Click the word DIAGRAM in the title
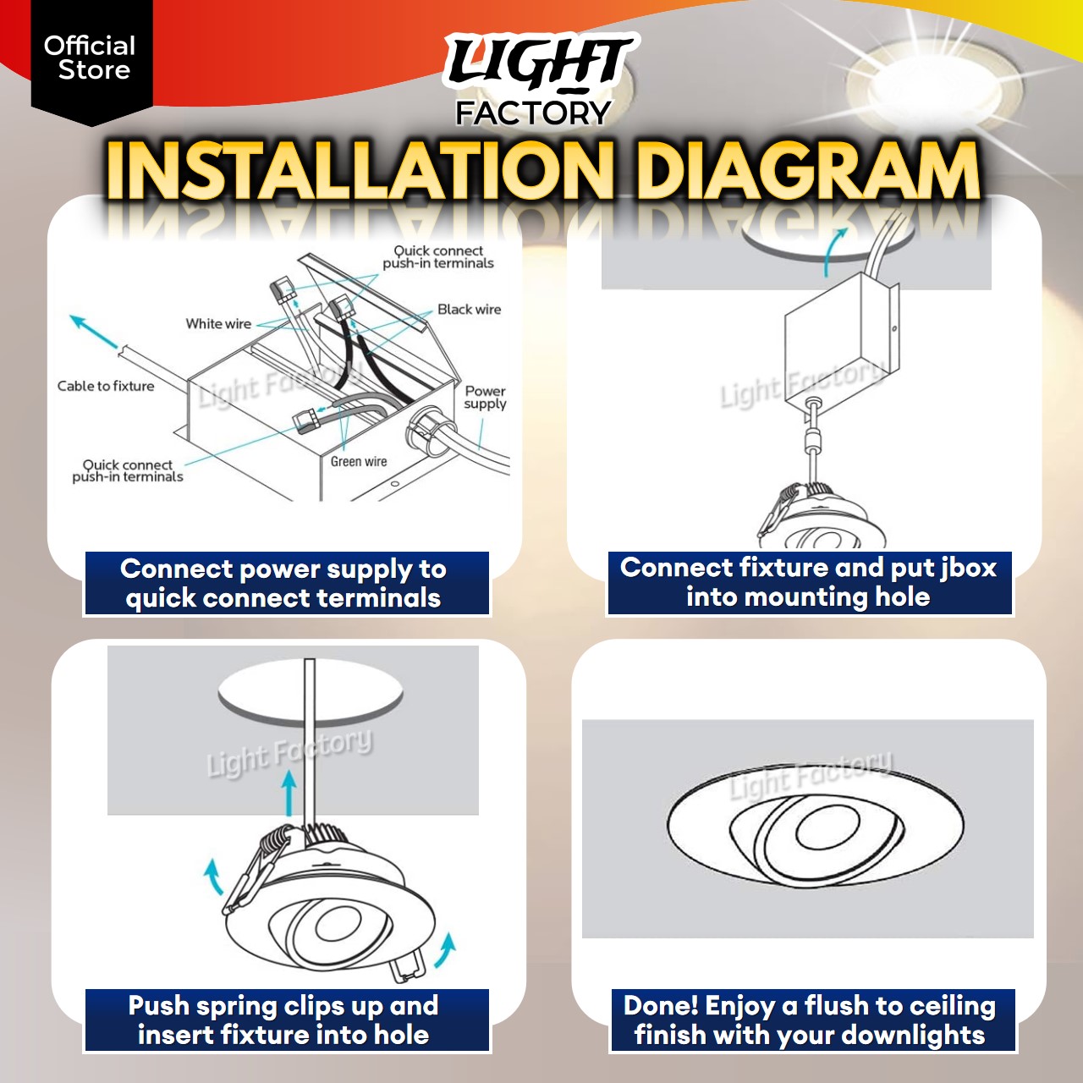coord(807,172)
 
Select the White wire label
coord(218,324)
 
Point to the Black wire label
coord(469,310)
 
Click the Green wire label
coord(359,462)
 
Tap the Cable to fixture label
coord(106,386)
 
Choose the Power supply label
coord(485,398)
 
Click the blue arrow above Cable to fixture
coord(93,332)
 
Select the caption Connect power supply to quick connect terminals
coord(286,584)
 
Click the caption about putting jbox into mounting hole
coord(809,582)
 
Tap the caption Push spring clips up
coord(286,1020)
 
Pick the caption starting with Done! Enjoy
coord(811,1020)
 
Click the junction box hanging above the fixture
coord(838,347)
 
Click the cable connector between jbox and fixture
coord(813,438)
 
